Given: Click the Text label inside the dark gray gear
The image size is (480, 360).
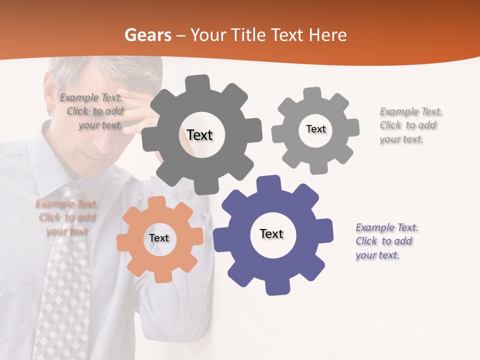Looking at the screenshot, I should (199, 135).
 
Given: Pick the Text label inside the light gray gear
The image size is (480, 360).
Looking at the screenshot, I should (315, 129).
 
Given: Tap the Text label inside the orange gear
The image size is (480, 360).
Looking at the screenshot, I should (159, 238).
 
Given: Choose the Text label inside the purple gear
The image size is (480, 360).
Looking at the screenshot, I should (271, 233).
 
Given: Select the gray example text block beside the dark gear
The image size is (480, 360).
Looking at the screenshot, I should (91, 111).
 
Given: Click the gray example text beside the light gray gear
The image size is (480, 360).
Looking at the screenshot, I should (410, 125).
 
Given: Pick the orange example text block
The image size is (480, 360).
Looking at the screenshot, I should (67, 217).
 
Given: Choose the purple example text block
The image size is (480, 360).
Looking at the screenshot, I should (386, 241).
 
